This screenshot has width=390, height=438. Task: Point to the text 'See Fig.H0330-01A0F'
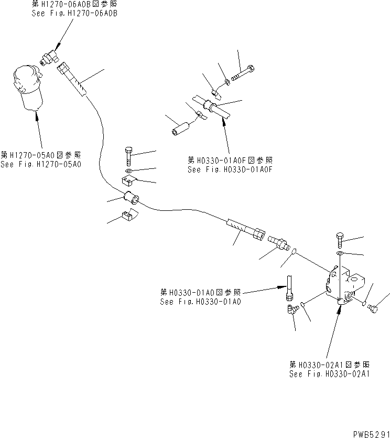point(231,169)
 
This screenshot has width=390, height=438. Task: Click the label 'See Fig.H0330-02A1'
point(329,374)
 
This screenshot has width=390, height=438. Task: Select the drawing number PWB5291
point(370,433)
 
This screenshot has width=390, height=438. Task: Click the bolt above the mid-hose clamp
point(129,156)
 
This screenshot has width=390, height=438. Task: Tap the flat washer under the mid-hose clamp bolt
point(129,171)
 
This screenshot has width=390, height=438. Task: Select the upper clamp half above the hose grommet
point(127,182)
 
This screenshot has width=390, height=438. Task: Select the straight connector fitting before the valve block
point(277,243)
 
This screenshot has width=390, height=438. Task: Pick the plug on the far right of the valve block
point(373,309)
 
